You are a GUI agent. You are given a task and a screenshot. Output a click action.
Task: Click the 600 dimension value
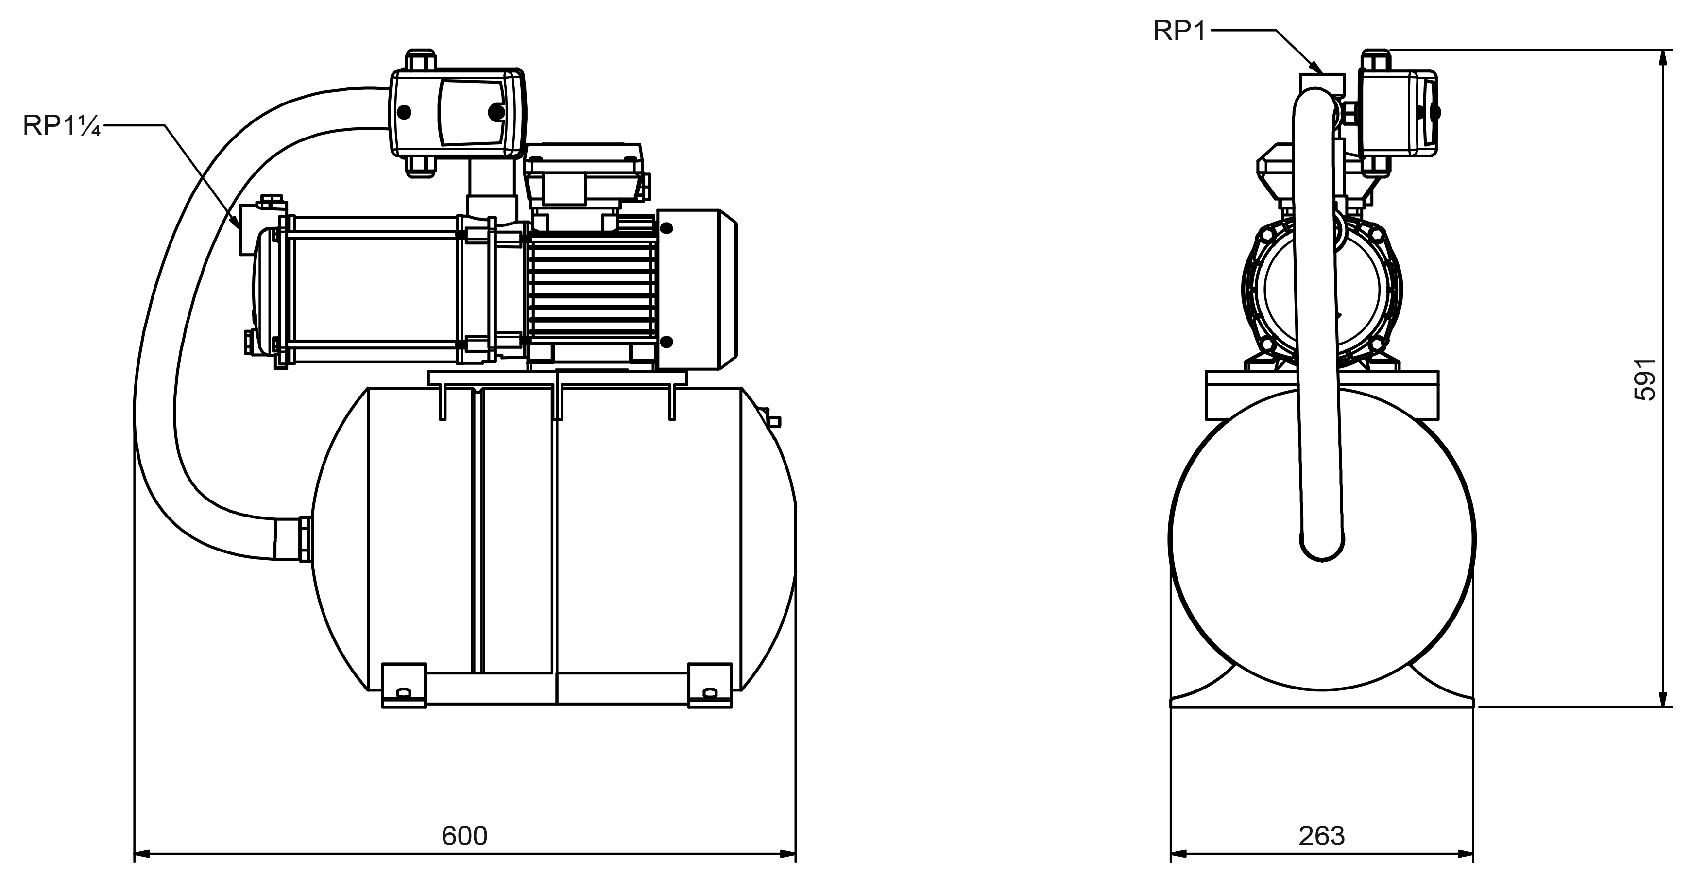click(464, 836)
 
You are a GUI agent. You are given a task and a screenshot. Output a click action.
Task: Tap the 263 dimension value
click(1321, 836)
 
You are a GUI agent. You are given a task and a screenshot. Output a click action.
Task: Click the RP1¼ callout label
click(61, 125)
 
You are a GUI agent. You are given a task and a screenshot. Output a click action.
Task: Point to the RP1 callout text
click(1179, 31)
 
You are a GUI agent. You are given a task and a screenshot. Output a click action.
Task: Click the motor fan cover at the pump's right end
click(696, 289)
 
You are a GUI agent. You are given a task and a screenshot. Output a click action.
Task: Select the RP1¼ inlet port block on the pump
click(250, 229)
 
